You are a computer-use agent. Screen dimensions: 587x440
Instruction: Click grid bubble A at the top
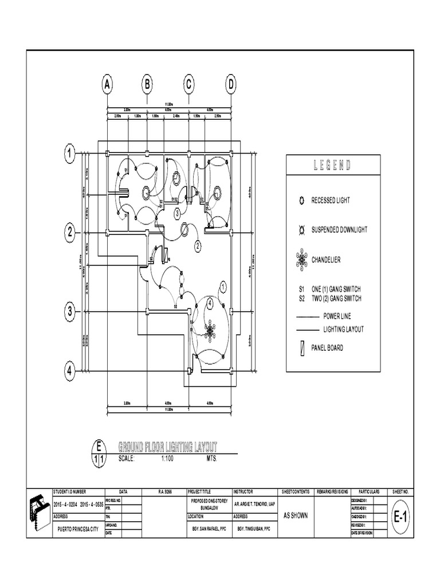pyautogui.click(x=107, y=84)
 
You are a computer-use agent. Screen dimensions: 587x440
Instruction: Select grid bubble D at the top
pyautogui.click(x=230, y=84)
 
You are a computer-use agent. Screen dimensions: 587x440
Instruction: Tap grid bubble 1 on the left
pyautogui.click(x=70, y=153)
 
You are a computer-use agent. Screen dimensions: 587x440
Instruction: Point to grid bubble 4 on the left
pyautogui.click(x=70, y=371)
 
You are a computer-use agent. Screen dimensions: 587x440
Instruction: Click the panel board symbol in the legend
pyautogui.click(x=299, y=347)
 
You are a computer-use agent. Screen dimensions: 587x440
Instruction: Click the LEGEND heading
pyautogui.click(x=332, y=166)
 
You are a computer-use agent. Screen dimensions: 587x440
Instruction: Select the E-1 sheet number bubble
pyautogui.click(x=401, y=518)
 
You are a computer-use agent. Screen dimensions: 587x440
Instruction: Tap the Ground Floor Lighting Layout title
pyautogui.click(x=167, y=447)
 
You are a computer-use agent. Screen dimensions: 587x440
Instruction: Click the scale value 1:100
pyautogui.click(x=167, y=459)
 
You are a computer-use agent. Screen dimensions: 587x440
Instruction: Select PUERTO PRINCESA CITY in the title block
pyautogui.click(x=76, y=530)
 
